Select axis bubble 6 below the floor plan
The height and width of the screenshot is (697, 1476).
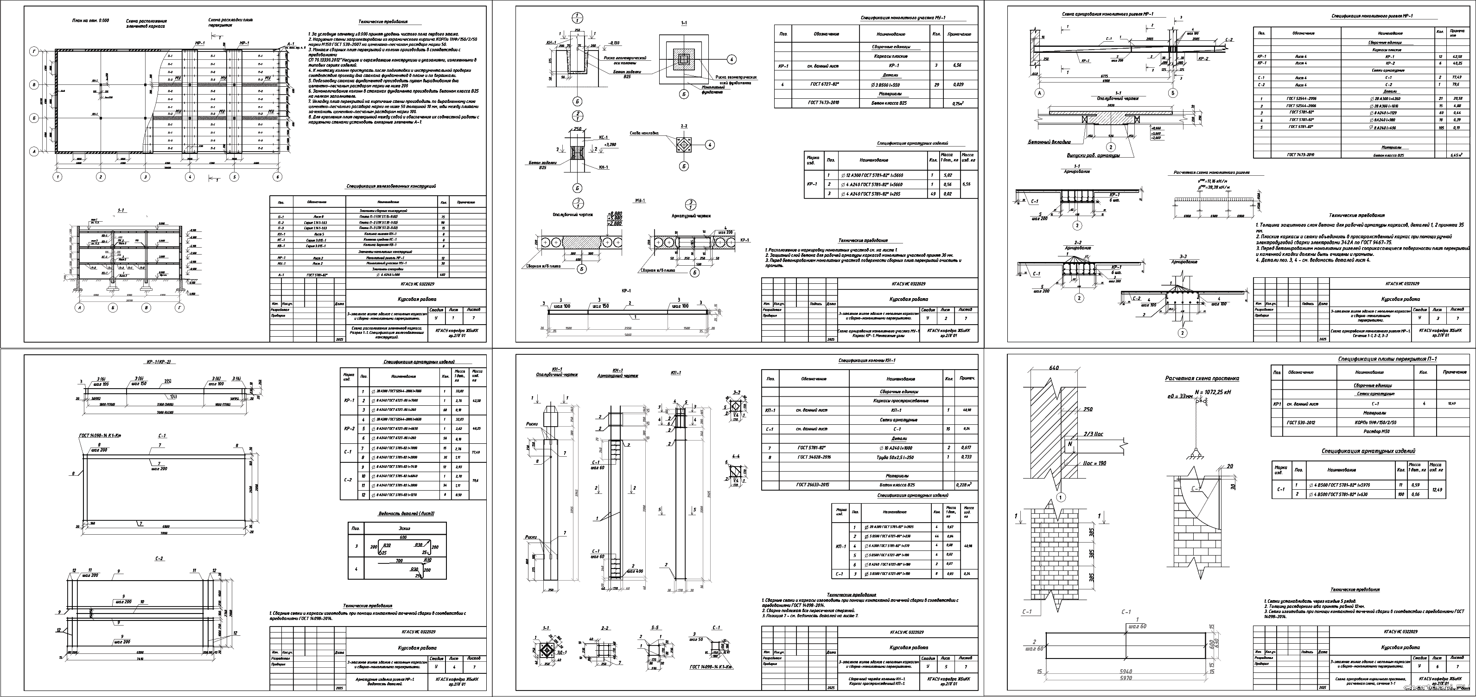[278, 177]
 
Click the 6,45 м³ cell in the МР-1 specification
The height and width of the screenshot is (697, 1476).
[1456, 155]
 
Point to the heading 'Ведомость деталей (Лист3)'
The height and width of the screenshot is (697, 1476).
[406, 513]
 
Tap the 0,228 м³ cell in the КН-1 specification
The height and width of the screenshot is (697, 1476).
[962, 485]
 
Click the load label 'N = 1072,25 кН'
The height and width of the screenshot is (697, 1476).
[1211, 392]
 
